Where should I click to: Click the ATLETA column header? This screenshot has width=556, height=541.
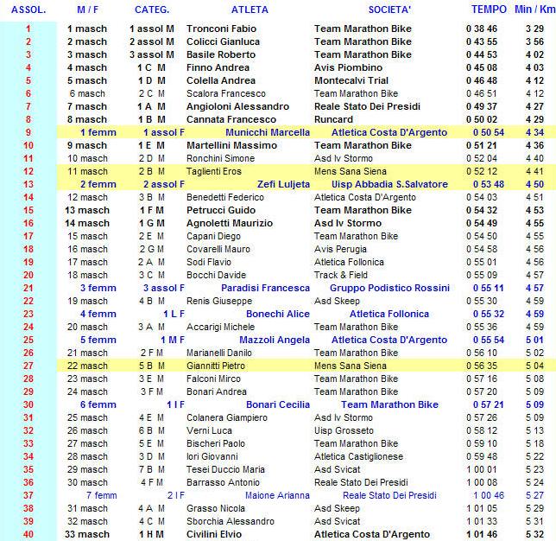tap(250, 10)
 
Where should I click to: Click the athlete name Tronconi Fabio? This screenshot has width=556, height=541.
tap(221, 29)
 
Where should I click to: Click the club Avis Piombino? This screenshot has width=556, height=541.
tap(348, 67)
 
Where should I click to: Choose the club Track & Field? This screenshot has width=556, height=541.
tap(341, 275)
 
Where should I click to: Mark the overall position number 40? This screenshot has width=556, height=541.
tap(28, 534)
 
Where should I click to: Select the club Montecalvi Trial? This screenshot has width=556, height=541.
tap(354, 80)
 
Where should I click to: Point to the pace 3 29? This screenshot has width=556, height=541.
tap(534, 29)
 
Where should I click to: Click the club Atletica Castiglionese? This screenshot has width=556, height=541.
tap(357, 456)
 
